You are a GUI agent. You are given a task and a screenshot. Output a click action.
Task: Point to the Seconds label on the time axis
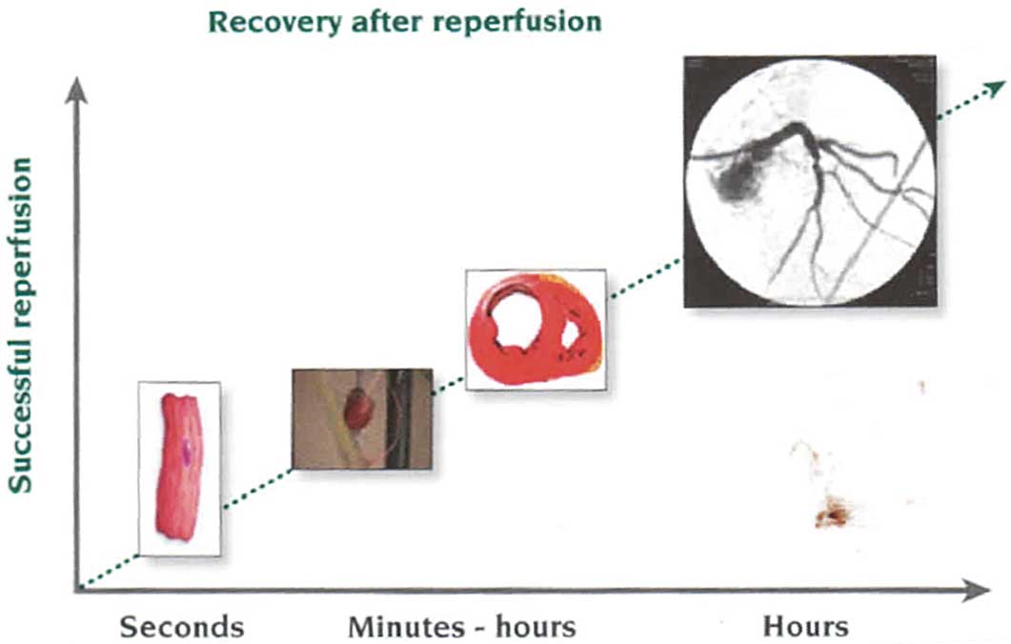(182, 626)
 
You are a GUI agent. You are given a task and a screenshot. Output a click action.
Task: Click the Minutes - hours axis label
(461, 626)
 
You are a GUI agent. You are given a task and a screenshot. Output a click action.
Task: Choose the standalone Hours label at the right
(806, 626)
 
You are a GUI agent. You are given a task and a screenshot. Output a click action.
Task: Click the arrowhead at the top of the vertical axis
(77, 91)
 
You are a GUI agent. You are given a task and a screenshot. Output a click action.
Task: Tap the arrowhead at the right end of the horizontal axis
(975, 590)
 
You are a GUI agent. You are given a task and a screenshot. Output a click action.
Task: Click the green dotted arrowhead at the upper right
(996, 89)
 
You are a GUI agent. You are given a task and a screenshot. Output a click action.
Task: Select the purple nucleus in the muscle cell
(188, 452)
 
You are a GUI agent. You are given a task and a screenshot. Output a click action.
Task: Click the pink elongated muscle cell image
(178, 468)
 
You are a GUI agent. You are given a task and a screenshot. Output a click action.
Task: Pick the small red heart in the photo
(356, 409)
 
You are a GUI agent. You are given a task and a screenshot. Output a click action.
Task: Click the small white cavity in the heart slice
(571, 334)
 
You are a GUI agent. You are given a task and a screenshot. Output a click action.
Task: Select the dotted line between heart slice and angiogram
(645, 278)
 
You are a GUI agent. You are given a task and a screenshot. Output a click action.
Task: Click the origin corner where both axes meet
(77, 589)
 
